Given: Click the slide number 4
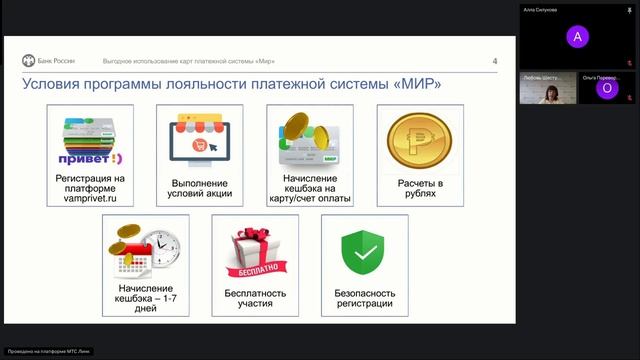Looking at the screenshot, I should [495, 61].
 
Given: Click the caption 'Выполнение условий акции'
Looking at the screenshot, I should [200, 189].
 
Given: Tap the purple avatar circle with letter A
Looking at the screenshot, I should [574, 37].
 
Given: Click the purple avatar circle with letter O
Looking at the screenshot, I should [605, 89].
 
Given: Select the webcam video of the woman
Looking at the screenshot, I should [547, 91].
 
